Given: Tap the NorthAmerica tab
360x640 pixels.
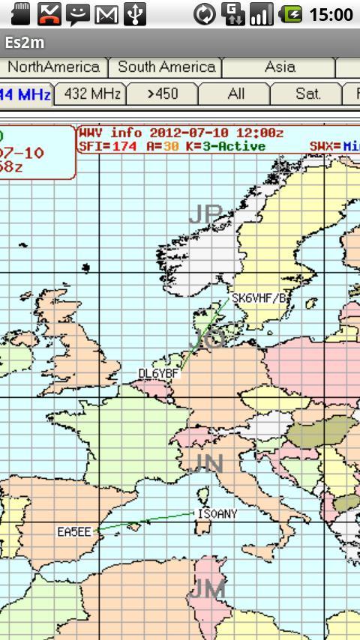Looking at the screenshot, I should tap(53, 67).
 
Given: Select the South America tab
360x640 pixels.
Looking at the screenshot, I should tap(166, 67).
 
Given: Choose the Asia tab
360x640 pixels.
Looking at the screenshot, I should tap(279, 67).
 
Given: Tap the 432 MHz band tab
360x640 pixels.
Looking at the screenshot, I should tap(92, 94).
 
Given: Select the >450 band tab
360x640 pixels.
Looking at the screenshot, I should tap(163, 94).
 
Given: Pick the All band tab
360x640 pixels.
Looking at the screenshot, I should tap(235, 94).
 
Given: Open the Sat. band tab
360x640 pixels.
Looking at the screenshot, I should tap(307, 94).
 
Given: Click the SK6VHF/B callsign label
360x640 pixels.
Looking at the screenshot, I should tap(259, 298).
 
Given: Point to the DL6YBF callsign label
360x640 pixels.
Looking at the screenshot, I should tap(159, 373).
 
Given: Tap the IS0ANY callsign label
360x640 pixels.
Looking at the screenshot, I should tap(216, 514).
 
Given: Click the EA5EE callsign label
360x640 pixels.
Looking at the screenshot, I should tap(74, 532).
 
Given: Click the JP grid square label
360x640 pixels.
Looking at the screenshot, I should tap(205, 214).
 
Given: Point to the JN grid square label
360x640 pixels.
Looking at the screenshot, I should tap(208, 465).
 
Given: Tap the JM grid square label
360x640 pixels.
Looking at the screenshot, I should tap(208, 589).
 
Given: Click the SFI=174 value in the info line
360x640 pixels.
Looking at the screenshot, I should tap(107, 146).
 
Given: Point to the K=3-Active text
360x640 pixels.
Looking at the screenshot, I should tap(223, 146).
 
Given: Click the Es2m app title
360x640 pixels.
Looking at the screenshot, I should tap(25, 43).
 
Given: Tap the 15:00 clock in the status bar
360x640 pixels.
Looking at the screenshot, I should tap(330, 14).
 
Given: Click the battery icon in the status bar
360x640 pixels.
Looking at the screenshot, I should tap(291, 14).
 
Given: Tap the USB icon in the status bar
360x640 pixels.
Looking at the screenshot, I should tap(135, 14).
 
